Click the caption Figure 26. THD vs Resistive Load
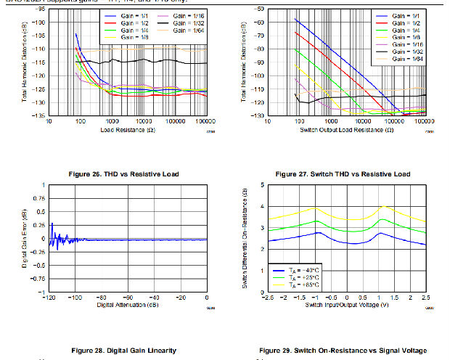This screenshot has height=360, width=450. click(x=123, y=174)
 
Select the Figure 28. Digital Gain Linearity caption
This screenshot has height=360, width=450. click(x=123, y=351)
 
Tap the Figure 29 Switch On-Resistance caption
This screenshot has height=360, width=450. click(x=342, y=351)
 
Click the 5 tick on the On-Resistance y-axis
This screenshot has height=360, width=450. click(x=261, y=185)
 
